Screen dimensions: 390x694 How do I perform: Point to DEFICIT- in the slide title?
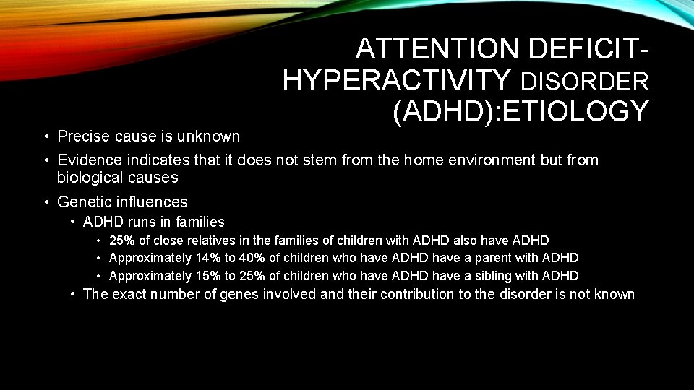pyautogui.click(x=589, y=49)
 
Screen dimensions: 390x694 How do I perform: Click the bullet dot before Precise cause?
pyautogui.click(x=46, y=136)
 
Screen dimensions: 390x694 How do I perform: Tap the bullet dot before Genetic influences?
pyautogui.click(x=46, y=202)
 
